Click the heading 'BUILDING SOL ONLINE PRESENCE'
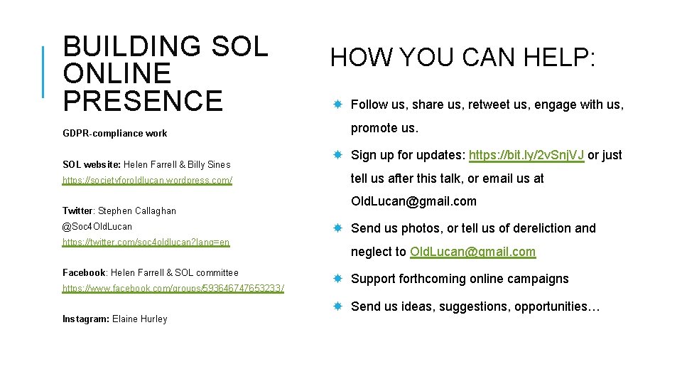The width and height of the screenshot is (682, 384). click(165, 73)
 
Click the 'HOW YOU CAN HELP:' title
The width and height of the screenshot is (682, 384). click(462, 58)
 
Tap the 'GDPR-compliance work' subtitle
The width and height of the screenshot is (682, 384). click(114, 133)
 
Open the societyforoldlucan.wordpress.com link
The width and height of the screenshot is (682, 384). click(147, 181)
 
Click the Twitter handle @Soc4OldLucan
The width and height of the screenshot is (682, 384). click(97, 226)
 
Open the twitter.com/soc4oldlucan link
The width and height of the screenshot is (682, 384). click(146, 242)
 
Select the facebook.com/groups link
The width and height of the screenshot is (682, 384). click(173, 289)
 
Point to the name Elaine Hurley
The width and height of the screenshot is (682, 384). click(140, 319)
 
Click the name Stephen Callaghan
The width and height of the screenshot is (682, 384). click(137, 211)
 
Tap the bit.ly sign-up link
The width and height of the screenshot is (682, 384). click(526, 155)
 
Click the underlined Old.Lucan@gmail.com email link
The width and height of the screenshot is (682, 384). click(472, 252)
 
